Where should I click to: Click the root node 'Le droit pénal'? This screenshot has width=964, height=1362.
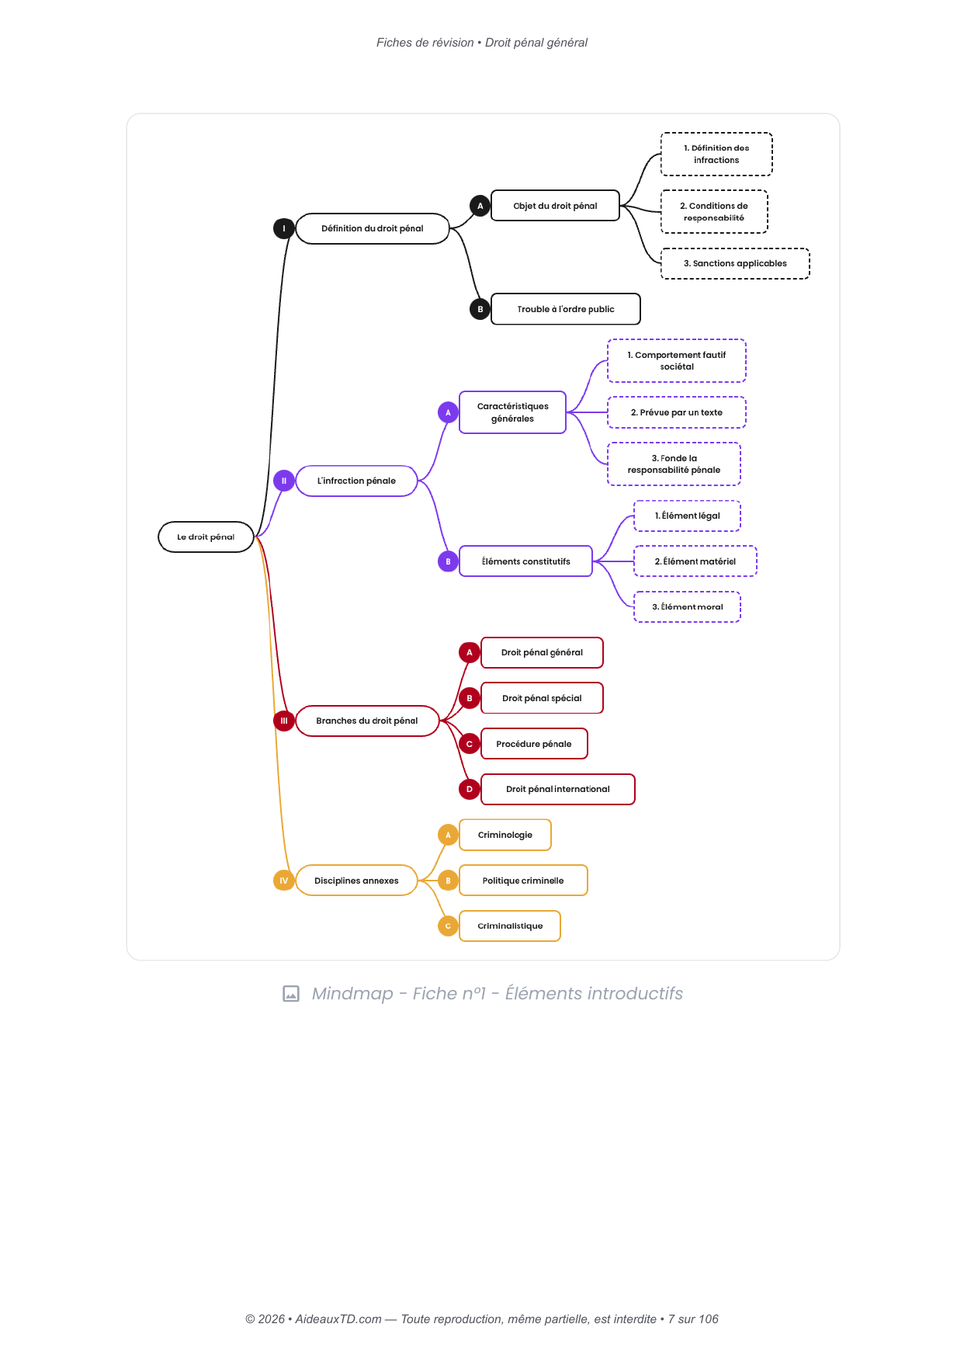206,537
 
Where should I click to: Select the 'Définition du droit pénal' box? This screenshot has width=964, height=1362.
373,228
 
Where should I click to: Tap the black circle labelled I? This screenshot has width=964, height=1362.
284,228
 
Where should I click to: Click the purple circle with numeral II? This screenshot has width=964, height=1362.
284,481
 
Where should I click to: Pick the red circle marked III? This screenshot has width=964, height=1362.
284,721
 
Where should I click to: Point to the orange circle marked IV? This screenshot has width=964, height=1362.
284,881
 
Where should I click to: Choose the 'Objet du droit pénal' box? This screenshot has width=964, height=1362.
555,206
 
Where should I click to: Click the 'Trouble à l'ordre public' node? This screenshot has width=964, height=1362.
566,309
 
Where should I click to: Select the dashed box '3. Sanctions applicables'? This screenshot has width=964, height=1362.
735,263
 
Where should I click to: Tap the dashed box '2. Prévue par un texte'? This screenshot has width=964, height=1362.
677,412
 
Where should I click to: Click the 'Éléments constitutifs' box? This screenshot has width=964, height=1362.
525,561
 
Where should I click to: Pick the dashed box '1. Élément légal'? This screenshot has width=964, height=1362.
688,516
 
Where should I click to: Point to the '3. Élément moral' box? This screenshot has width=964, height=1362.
688,607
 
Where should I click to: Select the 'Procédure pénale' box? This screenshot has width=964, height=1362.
534,744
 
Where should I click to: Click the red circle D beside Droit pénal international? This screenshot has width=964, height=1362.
470,789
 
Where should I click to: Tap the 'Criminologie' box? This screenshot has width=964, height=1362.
505,835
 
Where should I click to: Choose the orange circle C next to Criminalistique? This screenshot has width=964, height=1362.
448,926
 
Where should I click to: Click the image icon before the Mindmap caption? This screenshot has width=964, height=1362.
291,994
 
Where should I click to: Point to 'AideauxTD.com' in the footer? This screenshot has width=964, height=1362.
338,1319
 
